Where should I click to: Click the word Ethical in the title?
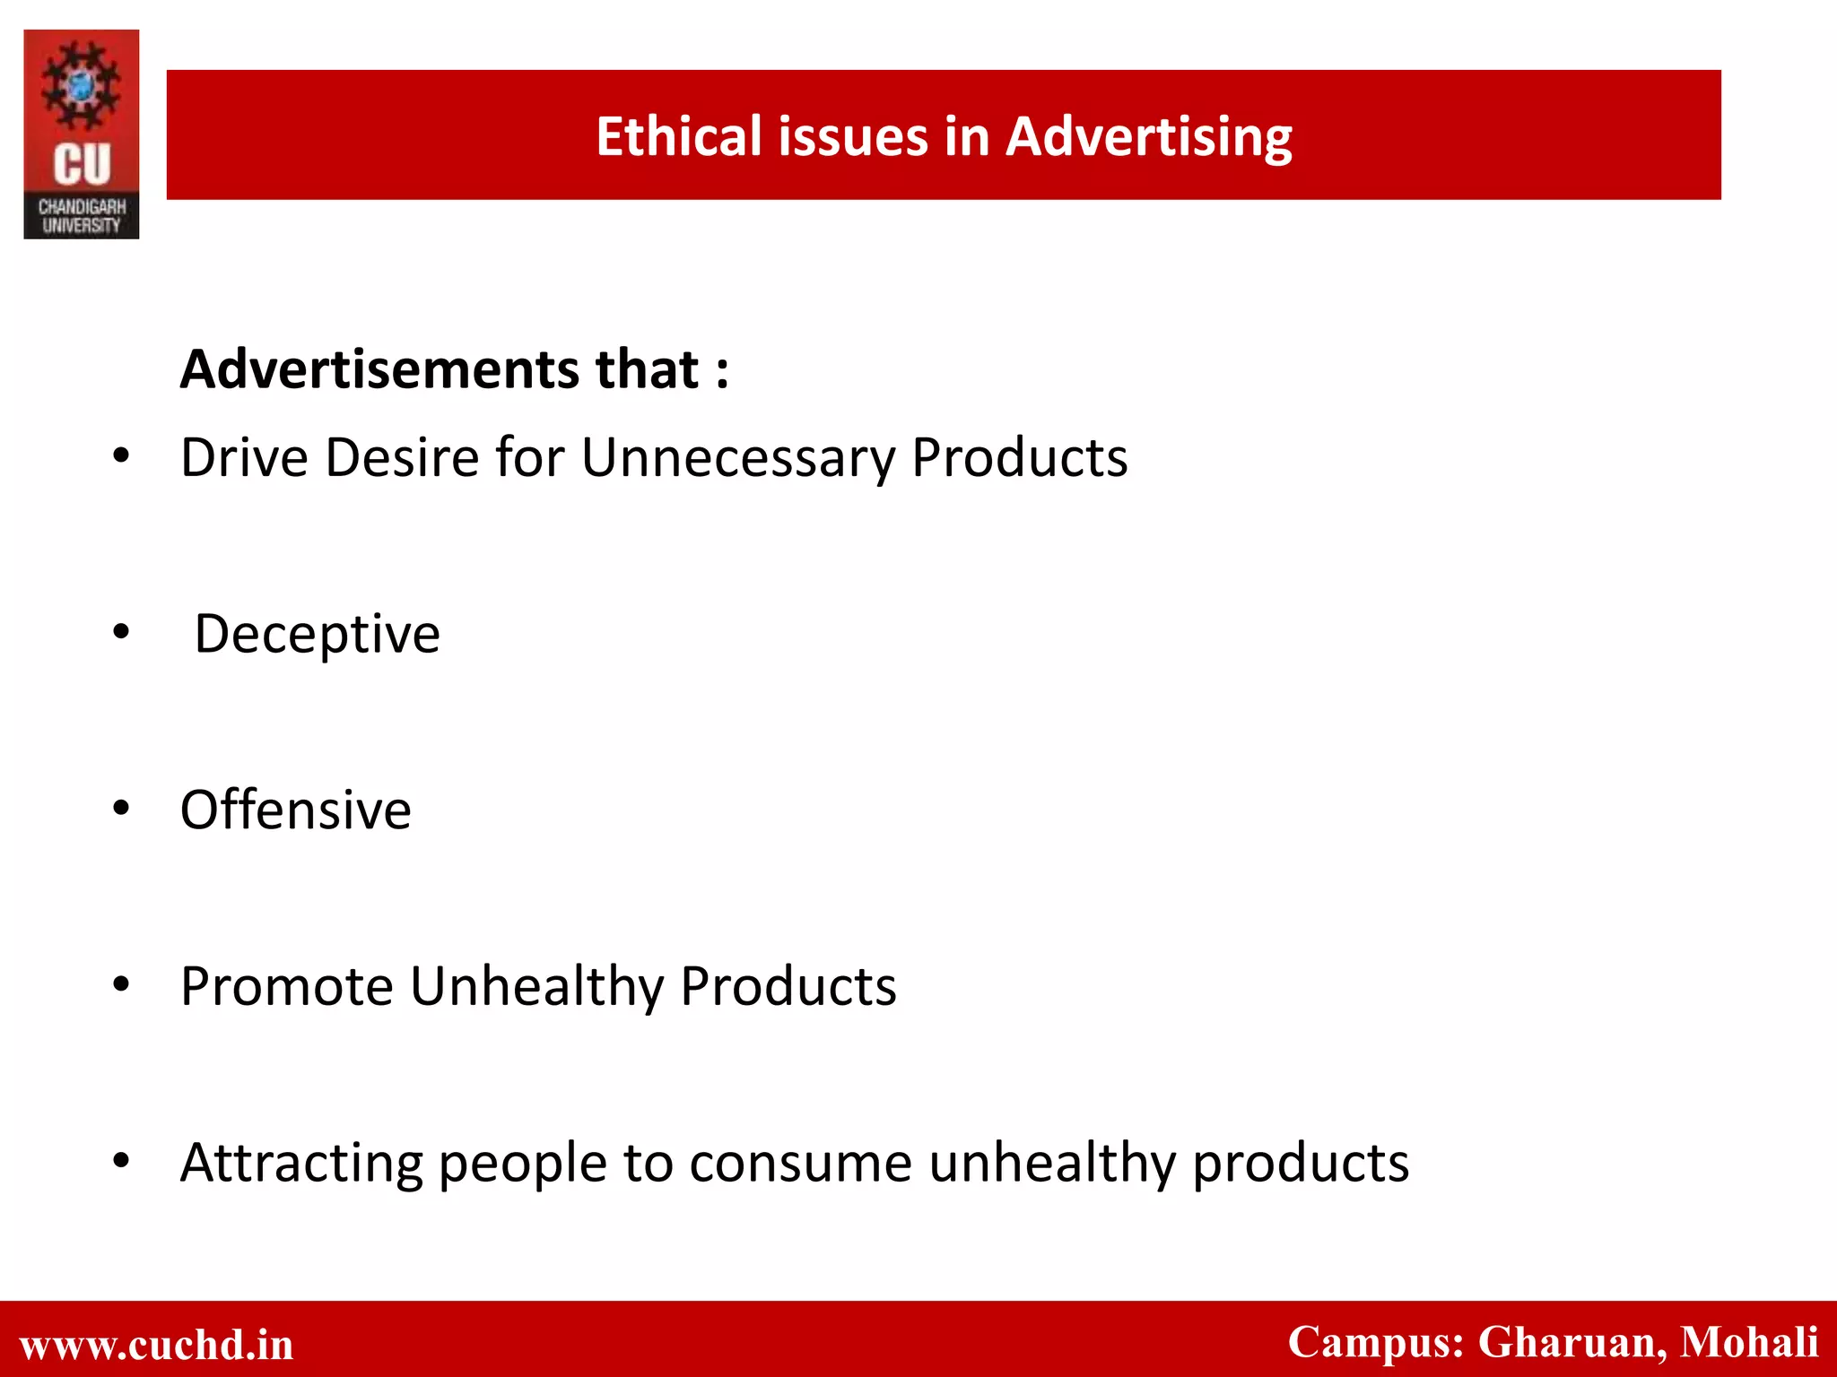(x=679, y=136)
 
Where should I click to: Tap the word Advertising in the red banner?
(x=1148, y=138)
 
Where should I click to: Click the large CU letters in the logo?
(x=82, y=165)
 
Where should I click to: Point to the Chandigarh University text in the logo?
(x=82, y=216)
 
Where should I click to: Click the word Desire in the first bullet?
(x=402, y=458)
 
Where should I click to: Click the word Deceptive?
(x=318, y=635)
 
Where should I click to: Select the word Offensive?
(x=296, y=810)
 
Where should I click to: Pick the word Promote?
(x=287, y=987)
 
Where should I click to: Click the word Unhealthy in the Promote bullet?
(x=536, y=987)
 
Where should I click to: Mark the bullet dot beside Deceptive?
(x=121, y=633)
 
